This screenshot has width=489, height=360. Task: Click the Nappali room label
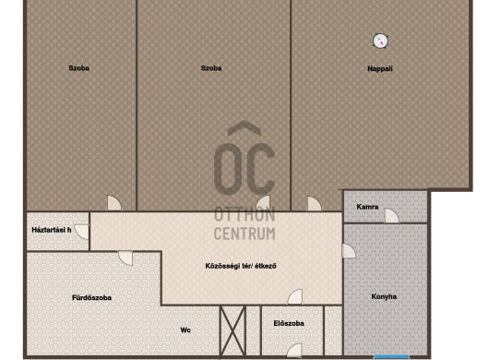[x=380, y=69]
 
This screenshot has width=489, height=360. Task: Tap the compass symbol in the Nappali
[x=380, y=41]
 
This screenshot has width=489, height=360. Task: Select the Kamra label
[x=367, y=207]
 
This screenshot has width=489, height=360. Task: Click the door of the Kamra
[x=392, y=216]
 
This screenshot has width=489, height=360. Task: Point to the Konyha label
[x=384, y=296]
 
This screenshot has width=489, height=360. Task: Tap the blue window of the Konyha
[x=391, y=356]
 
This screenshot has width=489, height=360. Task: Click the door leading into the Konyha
[x=349, y=251]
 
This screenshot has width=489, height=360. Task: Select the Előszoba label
[x=289, y=323]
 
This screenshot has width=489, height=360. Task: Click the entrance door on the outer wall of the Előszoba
[x=294, y=350]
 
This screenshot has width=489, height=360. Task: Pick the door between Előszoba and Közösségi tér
[x=294, y=296]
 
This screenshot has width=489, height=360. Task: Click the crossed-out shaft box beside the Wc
[x=233, y=330]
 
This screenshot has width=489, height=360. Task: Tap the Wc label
[x=185, y=330]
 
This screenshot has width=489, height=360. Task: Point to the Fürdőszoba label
[x=91, y=298]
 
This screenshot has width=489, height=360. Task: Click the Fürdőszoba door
[x=125, y=258]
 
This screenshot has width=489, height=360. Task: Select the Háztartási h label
[x=52, y=230]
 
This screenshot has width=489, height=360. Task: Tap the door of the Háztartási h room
[x=82, y=232]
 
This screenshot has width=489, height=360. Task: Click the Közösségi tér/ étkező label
[x=241, y=266]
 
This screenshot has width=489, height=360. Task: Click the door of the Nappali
[x=315, y=203]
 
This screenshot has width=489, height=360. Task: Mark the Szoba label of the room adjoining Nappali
[x=211, y=68]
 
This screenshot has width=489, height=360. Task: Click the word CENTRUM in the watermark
[x=244, y=234]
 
